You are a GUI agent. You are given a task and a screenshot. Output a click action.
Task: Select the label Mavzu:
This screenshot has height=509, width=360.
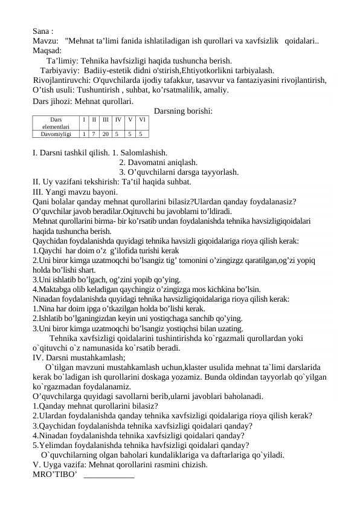point(46,41)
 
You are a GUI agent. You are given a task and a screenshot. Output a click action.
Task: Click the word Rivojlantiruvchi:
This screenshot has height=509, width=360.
point(63,80)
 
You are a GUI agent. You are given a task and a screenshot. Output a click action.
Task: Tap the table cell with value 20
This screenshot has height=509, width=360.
point(106,134)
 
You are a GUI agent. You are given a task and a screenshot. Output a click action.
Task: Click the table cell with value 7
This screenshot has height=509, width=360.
point(94,134)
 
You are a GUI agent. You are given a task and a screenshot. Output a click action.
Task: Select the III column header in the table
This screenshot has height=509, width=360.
point(106,120)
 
